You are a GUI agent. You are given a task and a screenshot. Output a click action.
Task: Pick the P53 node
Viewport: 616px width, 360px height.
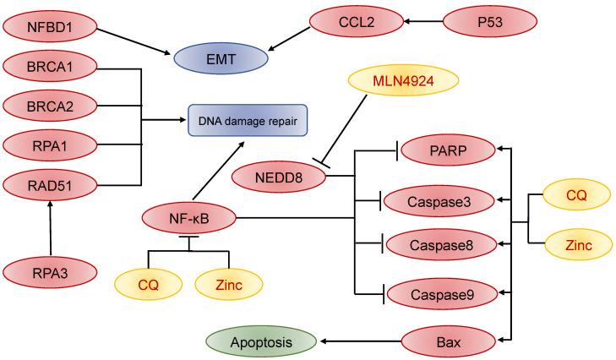[489, 23]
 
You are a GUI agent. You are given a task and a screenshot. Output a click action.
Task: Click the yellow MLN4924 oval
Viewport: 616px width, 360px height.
[403, 82]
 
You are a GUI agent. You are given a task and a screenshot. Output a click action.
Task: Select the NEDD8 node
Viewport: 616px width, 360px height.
[279, 177]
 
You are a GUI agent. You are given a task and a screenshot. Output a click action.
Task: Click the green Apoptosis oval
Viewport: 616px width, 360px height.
[262, 341]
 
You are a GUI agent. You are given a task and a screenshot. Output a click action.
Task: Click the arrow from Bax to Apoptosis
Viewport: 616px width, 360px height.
[359, 341]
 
